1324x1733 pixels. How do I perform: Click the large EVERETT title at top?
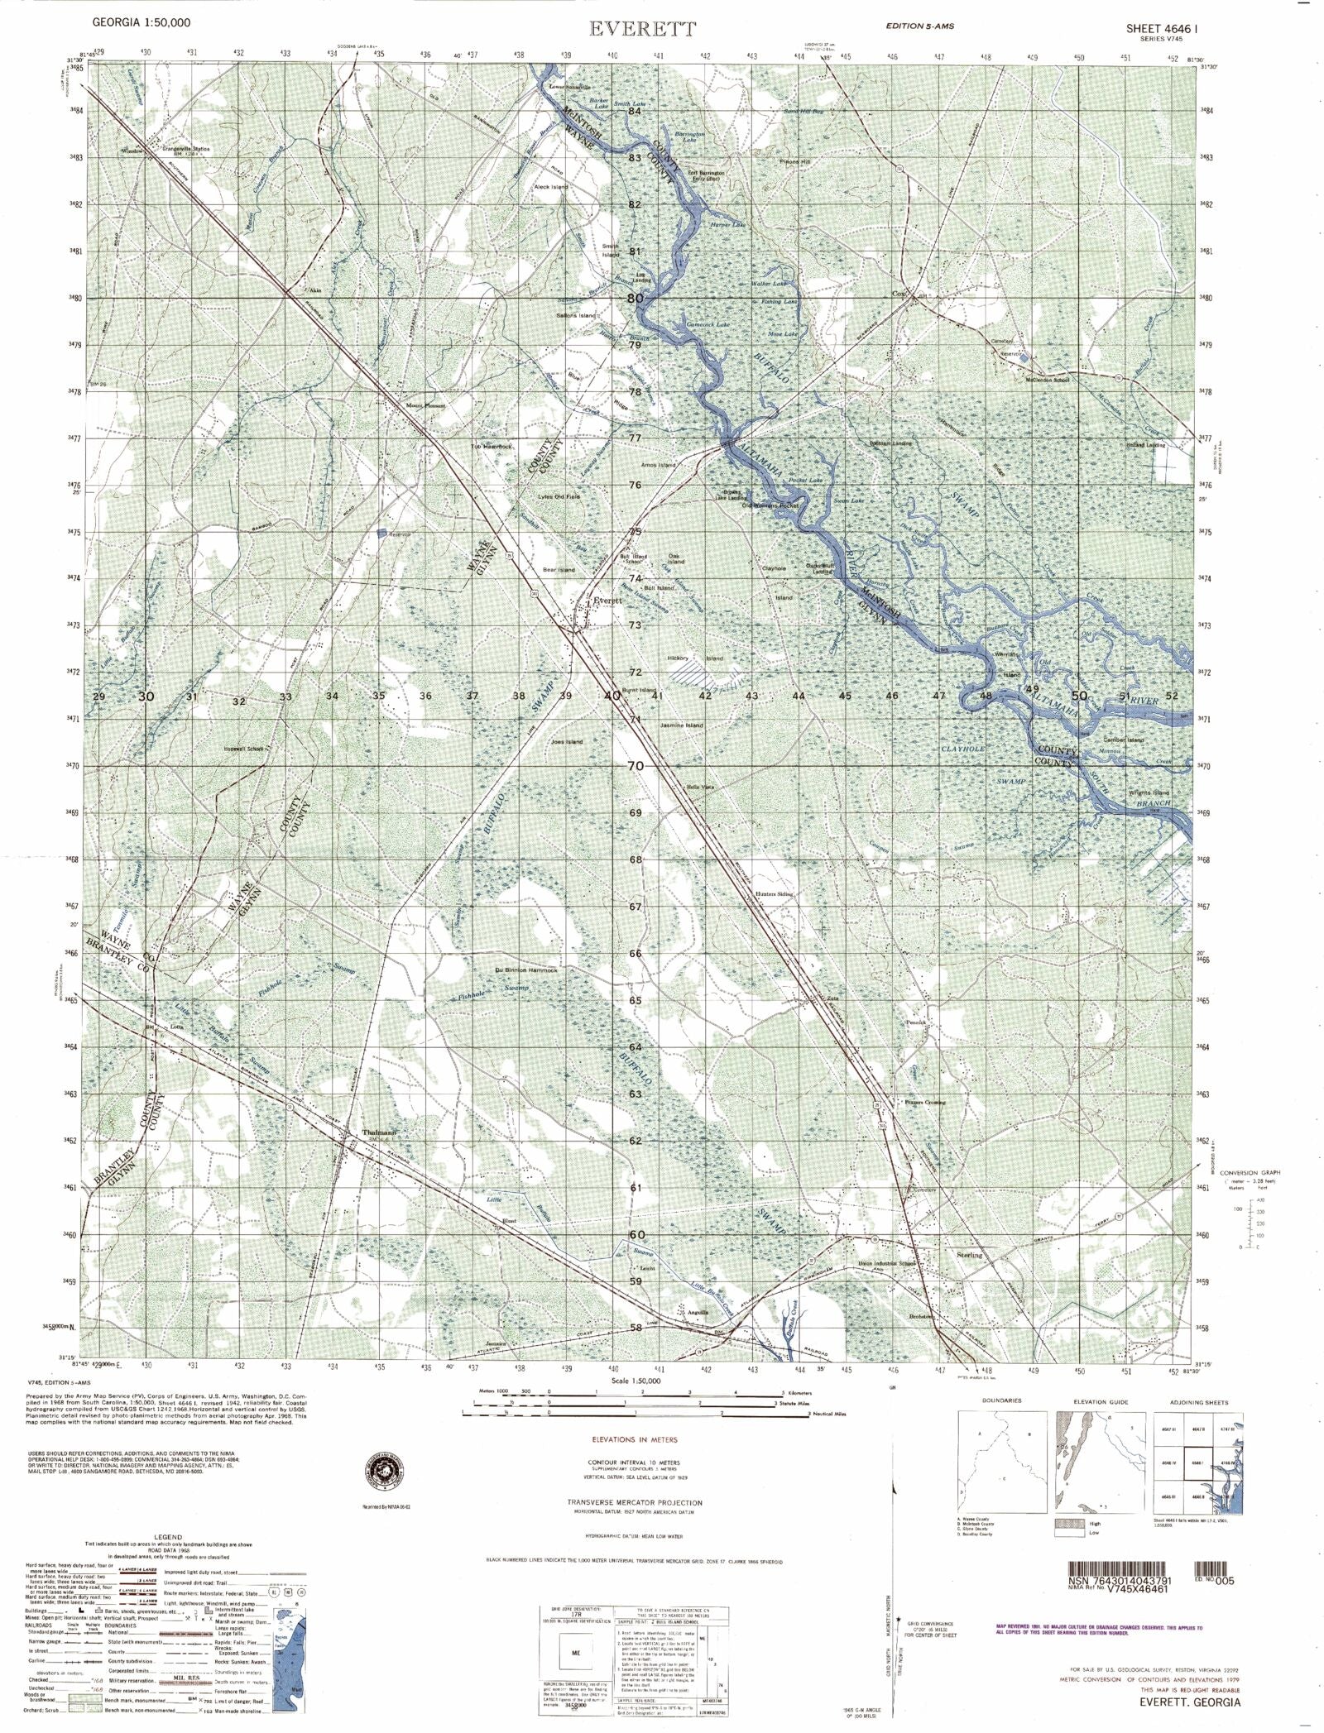(643, 29)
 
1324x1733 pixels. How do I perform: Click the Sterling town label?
(969, 1255)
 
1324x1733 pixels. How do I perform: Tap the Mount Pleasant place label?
(425, 406)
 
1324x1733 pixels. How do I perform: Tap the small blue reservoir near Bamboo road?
(382, 535)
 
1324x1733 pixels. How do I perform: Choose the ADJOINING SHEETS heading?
(1198, 1402)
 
